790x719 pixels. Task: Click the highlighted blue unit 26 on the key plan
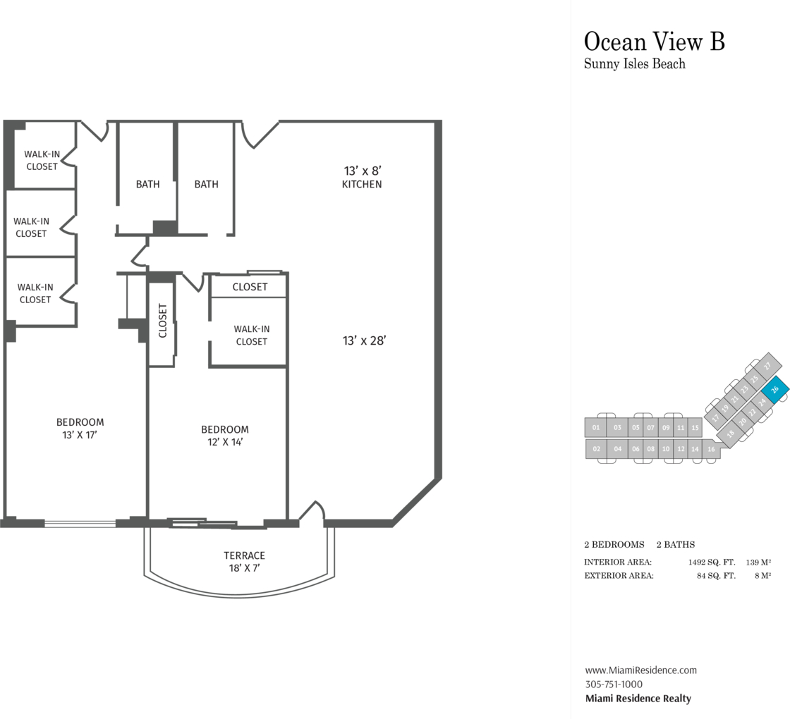point(775,389)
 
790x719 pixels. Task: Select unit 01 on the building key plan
point(596,427)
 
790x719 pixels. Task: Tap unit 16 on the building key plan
point(712,449)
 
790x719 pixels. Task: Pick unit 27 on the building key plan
point(767,366)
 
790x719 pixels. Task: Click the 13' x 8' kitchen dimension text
point(363,171)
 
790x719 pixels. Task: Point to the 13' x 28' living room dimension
point(364,341)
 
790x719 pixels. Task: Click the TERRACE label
point(244,555)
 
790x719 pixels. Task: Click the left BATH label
point(147,184)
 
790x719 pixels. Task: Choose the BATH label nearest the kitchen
point(207,184)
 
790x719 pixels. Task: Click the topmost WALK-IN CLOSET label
point(42,160)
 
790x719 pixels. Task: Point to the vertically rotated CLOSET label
point(162,320)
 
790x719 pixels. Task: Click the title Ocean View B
point(654,42)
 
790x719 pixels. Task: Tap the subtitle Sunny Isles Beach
point(634,64)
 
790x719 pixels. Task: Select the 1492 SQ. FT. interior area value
point(712,562)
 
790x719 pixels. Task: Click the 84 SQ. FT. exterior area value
point(716,575)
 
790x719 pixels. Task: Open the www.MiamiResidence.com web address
point(641,670)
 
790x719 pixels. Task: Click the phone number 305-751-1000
point(614,684)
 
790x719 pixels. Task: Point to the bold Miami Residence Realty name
point(638,699)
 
